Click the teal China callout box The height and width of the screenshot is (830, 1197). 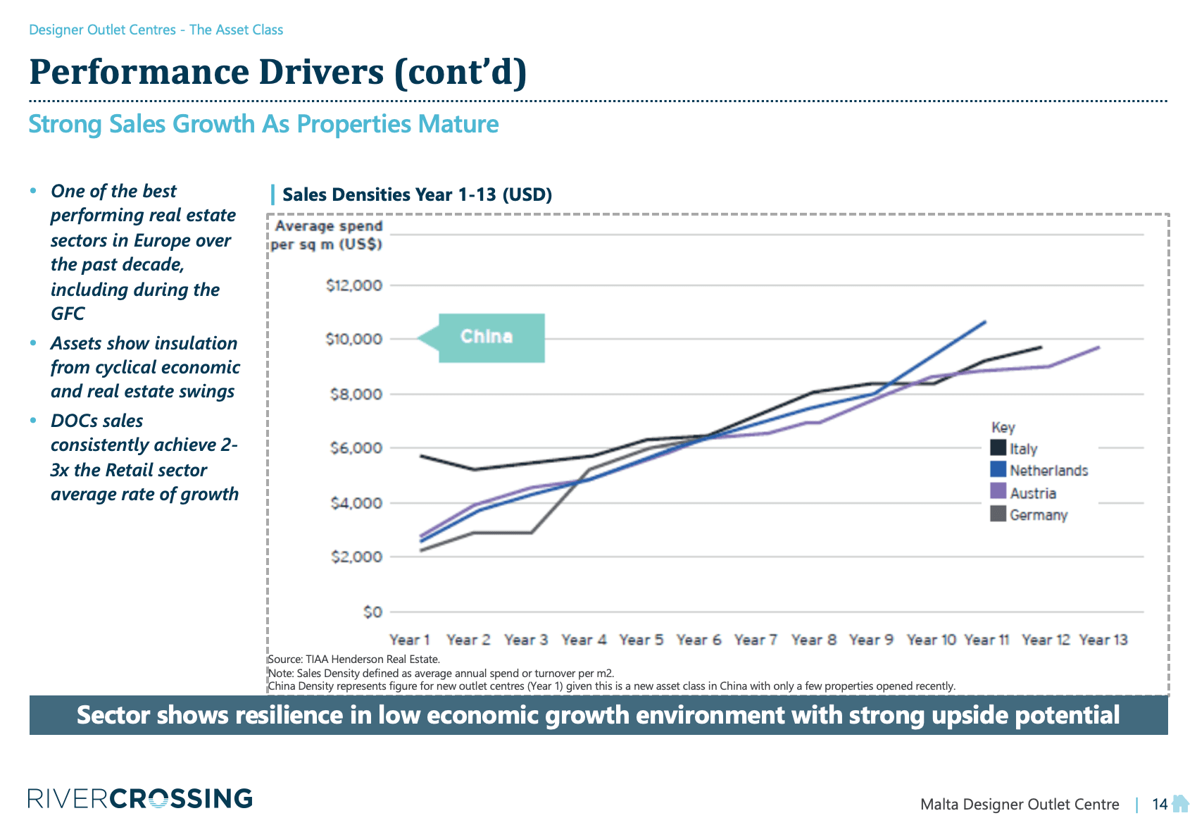[x=491, y=337]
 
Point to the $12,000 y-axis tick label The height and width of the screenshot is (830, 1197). [x=354, y=285]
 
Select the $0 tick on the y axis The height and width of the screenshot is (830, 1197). [x=372, y=612]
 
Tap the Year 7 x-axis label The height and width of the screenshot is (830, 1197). [x=756, y=640]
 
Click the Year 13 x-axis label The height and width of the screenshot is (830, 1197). [x=1103, y=640]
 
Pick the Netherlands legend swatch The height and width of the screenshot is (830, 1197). [x=998, y=470]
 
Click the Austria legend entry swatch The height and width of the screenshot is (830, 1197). [x=998, y=492]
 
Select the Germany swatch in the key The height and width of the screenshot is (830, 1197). [x=998, y=514]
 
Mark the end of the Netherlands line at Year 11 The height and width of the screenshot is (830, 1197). [x=985, y=321]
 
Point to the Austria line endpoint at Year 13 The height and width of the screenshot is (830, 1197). [x=1099, y=347]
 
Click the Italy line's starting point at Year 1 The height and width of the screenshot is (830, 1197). [x=420, y=456]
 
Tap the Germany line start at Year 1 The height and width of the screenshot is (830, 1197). [x=420, y=550]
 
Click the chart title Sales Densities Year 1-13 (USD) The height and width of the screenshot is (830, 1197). [x=417, y=194]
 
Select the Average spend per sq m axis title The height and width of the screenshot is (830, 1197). [x=327, y=235]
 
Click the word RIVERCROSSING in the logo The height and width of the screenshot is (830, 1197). [x=140, y=798]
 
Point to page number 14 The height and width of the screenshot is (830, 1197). [x=1159, y=804]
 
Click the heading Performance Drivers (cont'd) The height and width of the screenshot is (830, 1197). [x=277, y=72]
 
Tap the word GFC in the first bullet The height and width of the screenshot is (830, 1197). [x=68, y=314]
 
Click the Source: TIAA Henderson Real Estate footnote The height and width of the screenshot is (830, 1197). [x=353, y=659]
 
